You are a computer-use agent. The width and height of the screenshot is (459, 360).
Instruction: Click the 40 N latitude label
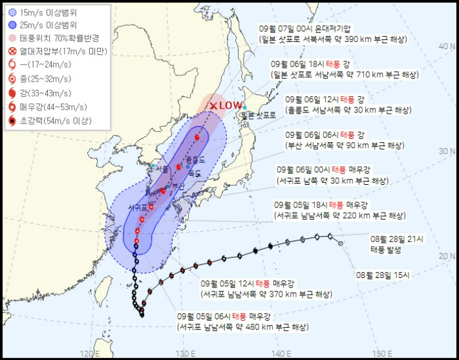(x=445, y=47)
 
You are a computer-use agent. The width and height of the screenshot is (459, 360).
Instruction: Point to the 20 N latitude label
(x=445, y=257)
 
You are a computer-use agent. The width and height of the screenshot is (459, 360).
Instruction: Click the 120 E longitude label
(x=89, y=354)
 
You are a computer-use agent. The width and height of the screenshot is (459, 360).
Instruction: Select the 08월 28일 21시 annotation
(x=397, y=238)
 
